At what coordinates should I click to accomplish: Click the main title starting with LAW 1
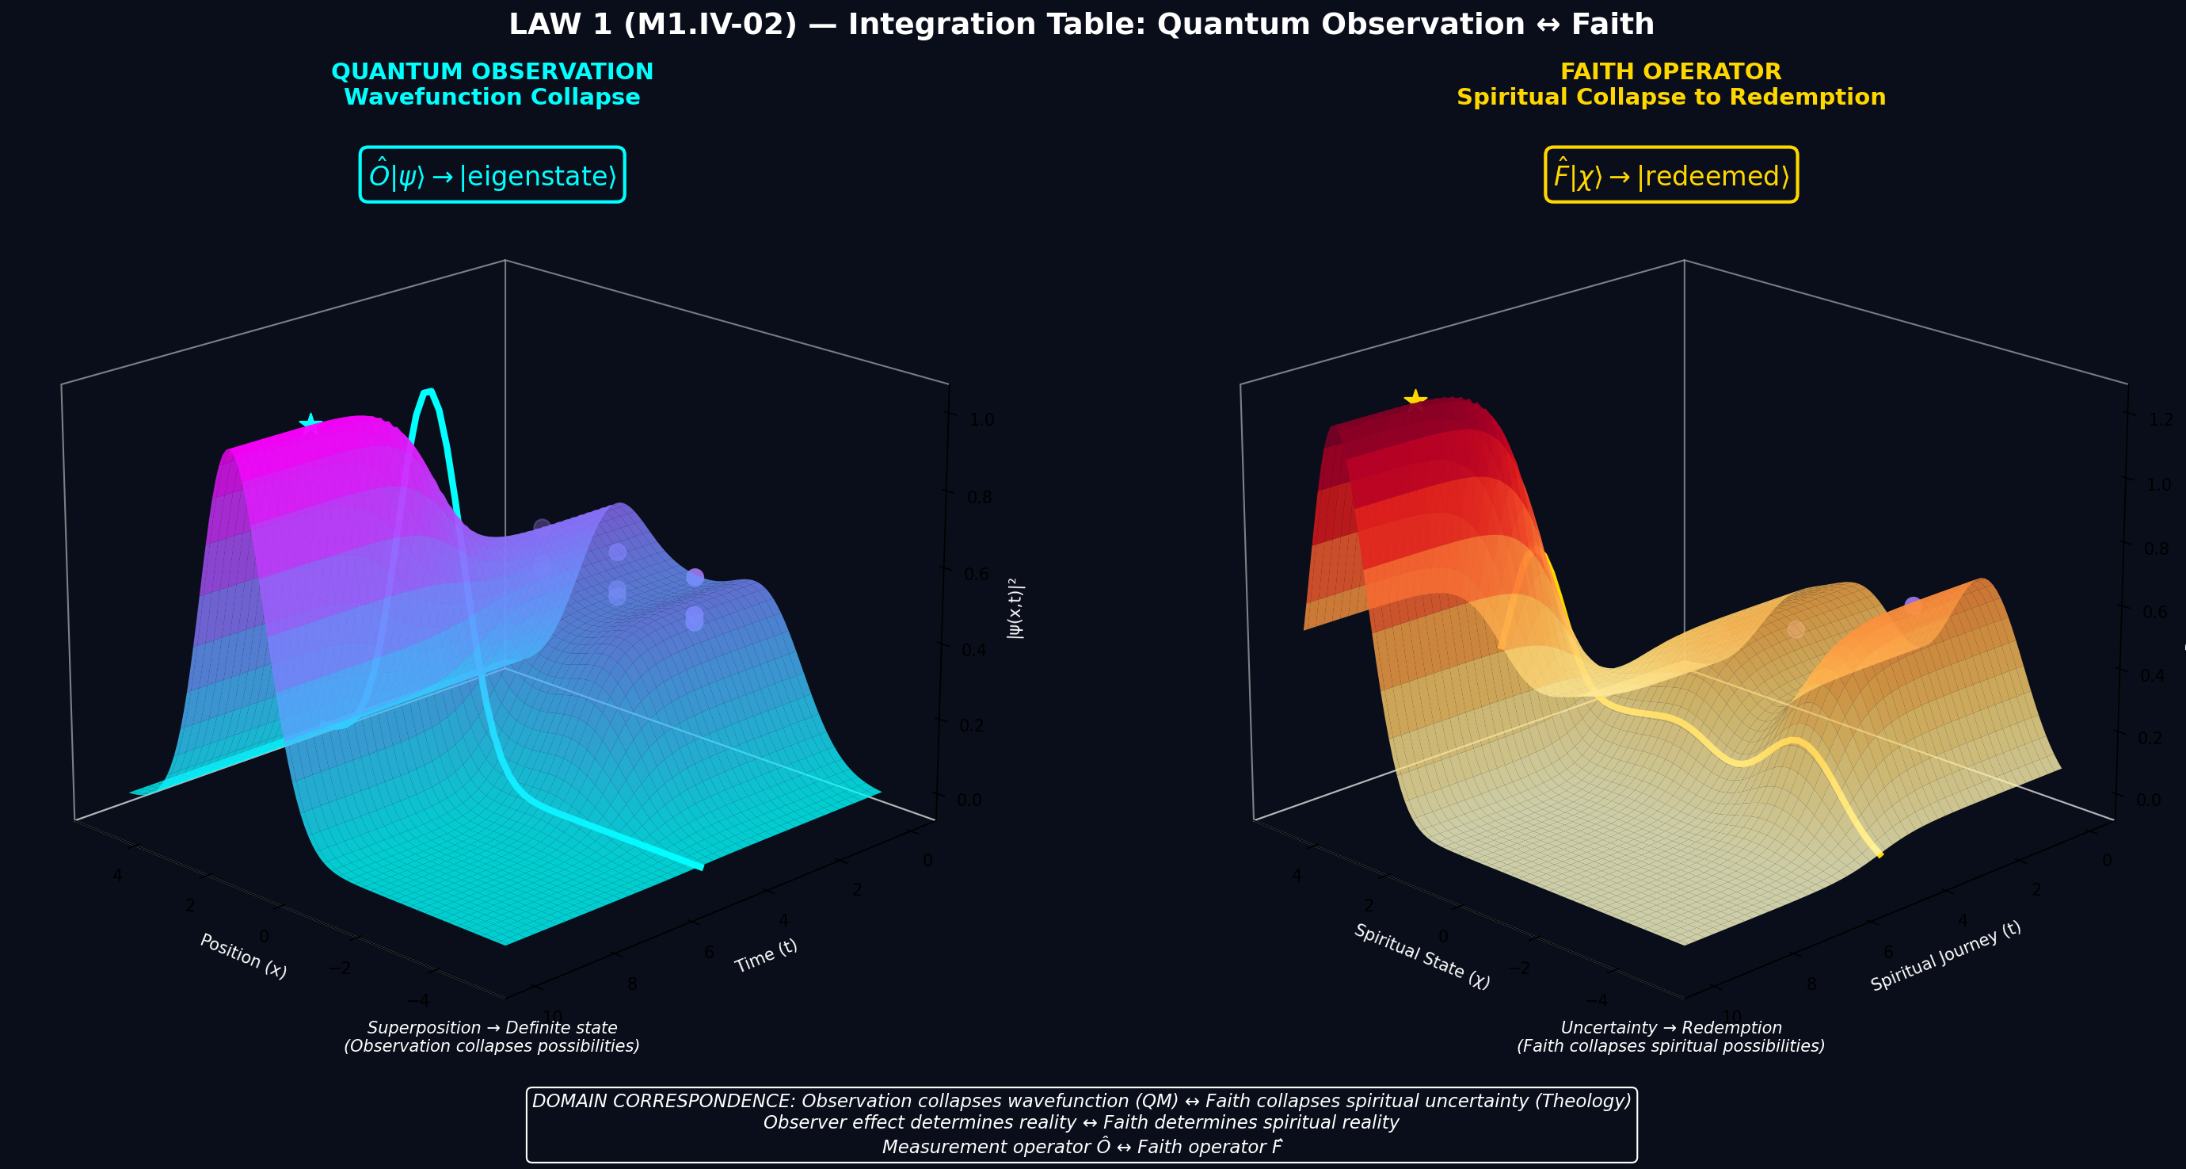(x=1080, y=25)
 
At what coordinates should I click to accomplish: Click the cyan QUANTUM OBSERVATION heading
(x=491, y=71)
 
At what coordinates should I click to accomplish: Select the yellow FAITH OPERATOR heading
(x=1670, y=71)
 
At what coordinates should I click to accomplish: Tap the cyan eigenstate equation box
(x=491, y=176)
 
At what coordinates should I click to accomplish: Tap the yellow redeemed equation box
(x=1670, y=176)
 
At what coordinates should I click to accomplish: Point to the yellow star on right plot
(x=1415, y=398)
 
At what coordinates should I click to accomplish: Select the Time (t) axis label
(x=765, y=956)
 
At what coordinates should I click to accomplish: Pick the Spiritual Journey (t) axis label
(x=1945, y=956)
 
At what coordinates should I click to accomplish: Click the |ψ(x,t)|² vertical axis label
(x=1015, y=608)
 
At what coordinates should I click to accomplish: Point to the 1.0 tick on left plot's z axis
(x=982, y=419)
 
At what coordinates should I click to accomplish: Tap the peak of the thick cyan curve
(x=429, y=392)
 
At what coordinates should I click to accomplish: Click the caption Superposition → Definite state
(x=491, y=1028)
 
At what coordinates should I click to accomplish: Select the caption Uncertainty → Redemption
(x=1670, y=1028)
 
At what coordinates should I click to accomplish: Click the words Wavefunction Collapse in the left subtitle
(x=491, y=97)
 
